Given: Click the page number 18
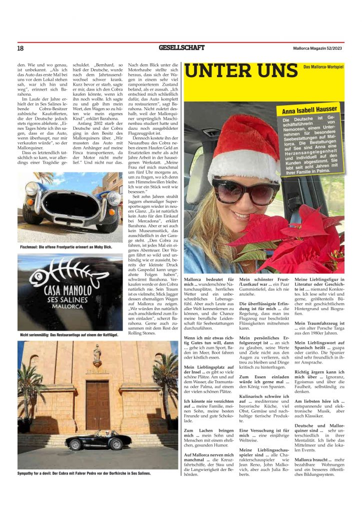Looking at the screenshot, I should tap(20, 48).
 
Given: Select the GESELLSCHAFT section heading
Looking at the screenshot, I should tap(181, 48).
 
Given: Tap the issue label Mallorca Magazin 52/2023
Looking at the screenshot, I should tap(318, 48).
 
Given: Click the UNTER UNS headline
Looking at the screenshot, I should tap(241, 71).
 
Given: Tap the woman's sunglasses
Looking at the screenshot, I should tap(245, 191).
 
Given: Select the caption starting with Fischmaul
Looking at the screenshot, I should tap(66, 247).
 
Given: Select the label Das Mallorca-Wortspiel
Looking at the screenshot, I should tap(323, 67).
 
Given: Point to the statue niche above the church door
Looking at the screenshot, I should tap(97, 356).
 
